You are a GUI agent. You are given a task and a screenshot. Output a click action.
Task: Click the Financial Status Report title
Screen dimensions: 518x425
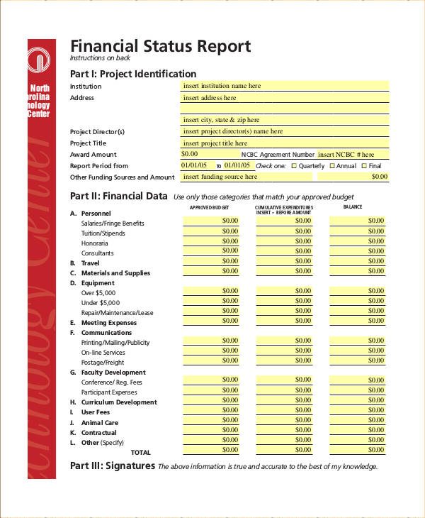(160, 47)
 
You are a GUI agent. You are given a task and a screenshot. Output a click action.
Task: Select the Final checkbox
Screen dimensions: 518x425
(364, 166)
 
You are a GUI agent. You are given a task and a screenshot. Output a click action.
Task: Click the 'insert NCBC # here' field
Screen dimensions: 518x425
(352, 154)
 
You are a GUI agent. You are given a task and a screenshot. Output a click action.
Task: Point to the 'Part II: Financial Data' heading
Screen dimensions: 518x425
(119, 197)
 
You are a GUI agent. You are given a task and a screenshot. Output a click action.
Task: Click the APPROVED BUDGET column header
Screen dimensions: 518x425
(210, 207)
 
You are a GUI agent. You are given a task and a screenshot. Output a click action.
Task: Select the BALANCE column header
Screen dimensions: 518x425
(352, 207)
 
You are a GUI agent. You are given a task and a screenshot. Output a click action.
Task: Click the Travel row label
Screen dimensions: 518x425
(90, 263)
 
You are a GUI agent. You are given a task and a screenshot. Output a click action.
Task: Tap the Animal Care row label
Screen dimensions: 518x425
(99, 423)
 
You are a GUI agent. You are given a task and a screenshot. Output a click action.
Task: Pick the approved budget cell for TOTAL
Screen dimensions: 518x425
(211, 450)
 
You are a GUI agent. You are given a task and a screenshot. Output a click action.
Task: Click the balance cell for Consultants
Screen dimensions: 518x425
(358, 250)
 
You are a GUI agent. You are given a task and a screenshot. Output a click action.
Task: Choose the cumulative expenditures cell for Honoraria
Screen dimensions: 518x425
(284, 241)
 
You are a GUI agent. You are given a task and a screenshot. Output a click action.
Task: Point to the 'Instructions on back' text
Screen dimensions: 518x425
(100, 58)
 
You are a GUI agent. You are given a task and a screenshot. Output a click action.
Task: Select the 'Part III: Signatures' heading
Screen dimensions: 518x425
(113, 466)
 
